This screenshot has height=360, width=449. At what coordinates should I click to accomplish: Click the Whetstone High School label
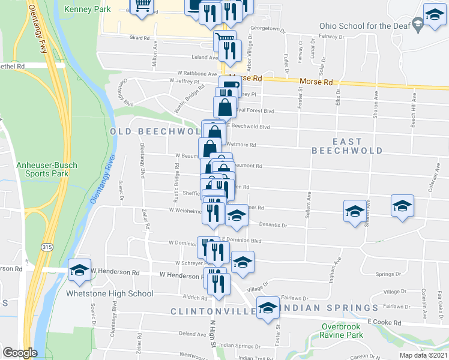click(x=111, y=294)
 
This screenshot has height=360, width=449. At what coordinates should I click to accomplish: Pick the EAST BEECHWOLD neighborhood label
click(x=347, y=146)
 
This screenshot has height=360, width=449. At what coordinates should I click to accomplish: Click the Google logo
click(x=20, y=353)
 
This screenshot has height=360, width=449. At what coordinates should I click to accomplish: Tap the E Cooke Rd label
click(x=384, y=322)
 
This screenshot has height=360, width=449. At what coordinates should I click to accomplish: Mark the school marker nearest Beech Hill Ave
click(x=402, y=205)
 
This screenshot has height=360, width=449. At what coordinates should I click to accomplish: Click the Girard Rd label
click(x=139, y=37)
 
